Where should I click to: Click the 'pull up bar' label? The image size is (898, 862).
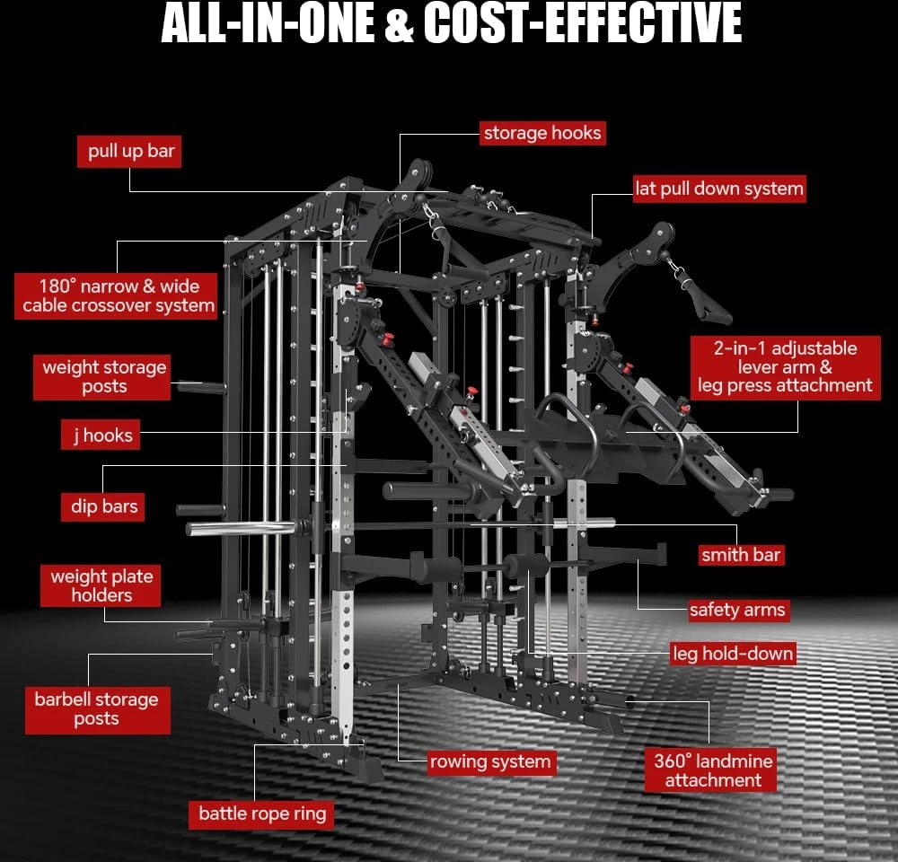(x=129, y=152)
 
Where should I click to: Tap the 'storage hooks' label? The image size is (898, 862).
(x=542, y=133)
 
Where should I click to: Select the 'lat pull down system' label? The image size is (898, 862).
(x=719, y=189)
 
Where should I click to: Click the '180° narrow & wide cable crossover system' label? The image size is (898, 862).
(x=116, y=295)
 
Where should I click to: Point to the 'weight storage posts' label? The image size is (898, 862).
(x=102, y=377)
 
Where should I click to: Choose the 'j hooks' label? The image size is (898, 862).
(x=101, y=435)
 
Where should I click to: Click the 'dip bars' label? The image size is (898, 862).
(x=103, y=507)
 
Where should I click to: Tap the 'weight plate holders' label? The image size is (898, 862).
(x=101, y=585)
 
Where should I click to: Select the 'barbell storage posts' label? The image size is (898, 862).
(x=98, y=710)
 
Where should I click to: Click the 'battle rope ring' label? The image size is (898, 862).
(x=261, y=814)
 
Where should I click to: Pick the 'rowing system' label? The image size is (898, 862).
(x=492, y=762)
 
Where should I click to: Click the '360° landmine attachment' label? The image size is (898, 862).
(x=710, y=770)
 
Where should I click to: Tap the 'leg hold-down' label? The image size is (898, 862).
(x=733, y=654)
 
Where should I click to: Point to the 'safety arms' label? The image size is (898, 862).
(x=738, y=610)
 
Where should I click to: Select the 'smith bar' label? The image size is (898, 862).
(x=741, y=554)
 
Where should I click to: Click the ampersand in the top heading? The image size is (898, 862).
(x=399, y=23)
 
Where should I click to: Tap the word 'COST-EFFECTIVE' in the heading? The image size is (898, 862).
(x=583, y=23)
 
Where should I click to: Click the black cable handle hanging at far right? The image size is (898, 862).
(x=697, y=292)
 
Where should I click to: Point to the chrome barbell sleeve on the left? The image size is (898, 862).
(x=241, y=529)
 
